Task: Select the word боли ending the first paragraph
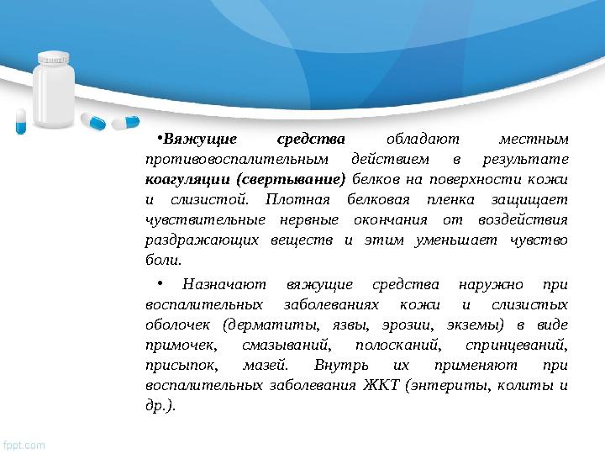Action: click(160, 261)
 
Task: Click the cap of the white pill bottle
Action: click(55, 58)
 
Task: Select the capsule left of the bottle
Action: click(22, 120)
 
